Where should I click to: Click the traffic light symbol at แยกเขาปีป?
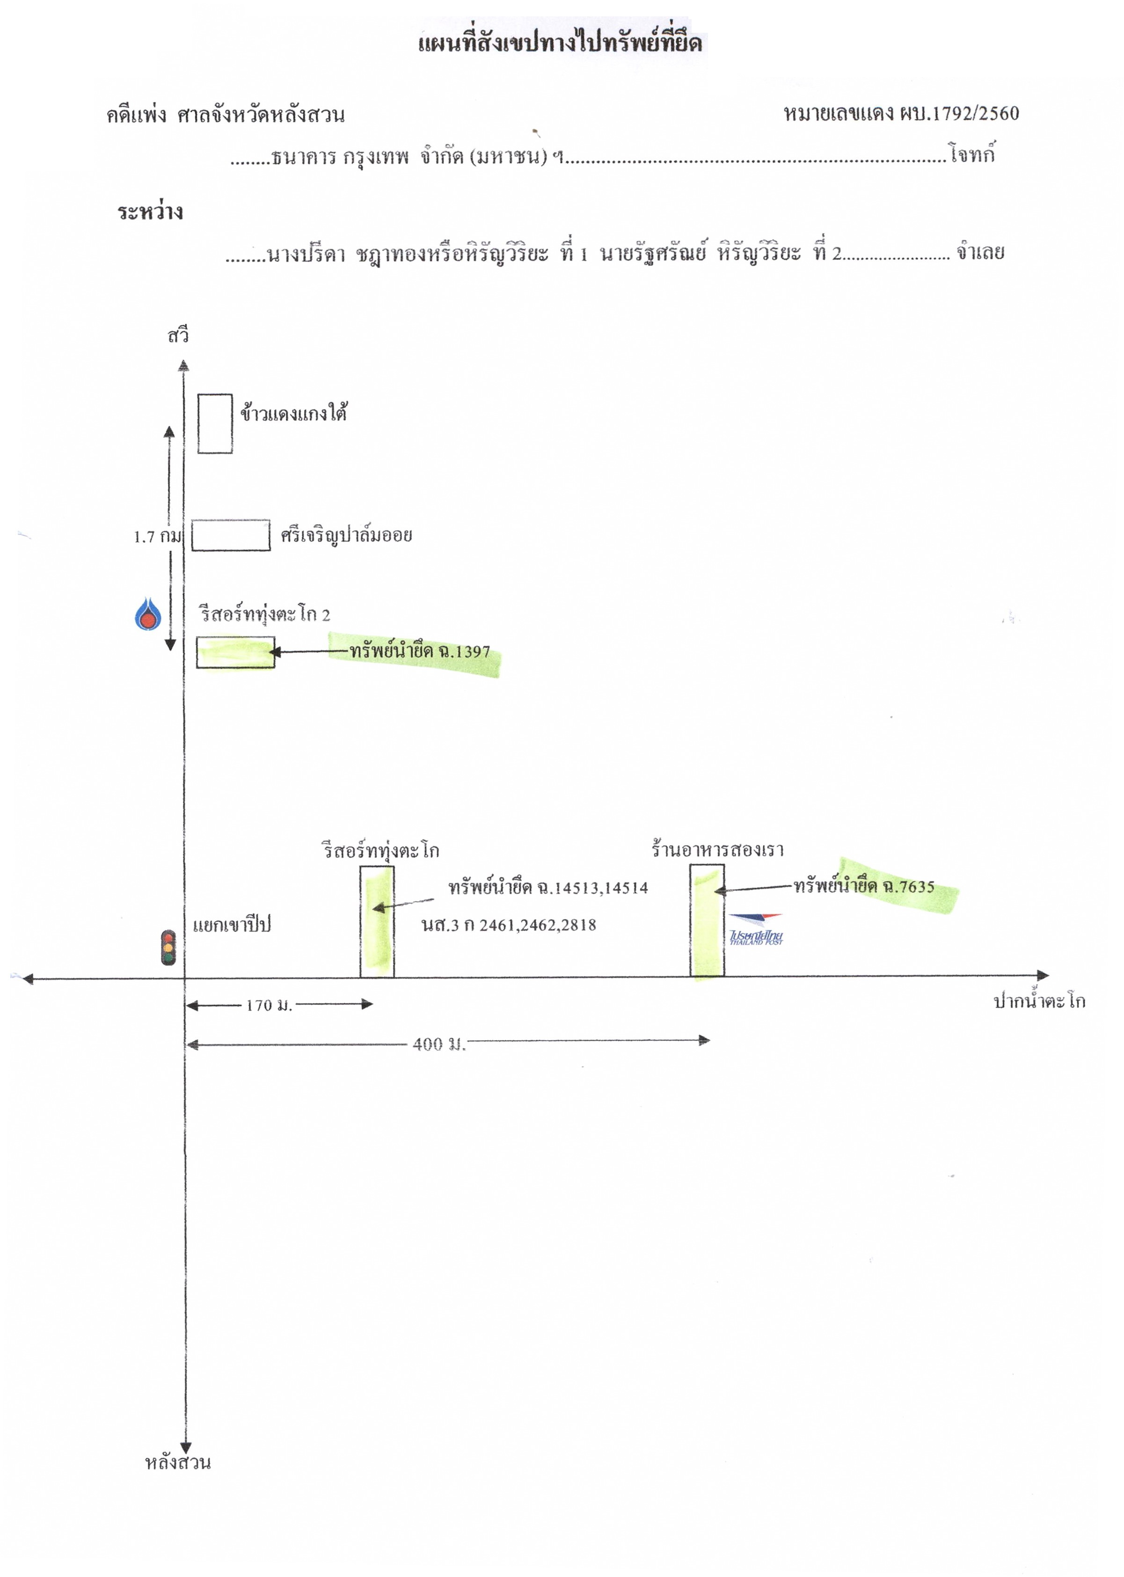168,947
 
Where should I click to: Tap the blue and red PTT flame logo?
147,613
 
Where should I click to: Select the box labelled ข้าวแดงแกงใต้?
215,423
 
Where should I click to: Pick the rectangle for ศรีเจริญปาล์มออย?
231,535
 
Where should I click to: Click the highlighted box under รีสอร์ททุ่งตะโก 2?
235,652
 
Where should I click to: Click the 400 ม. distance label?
439,1044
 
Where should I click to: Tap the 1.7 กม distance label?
157,536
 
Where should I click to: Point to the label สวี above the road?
178,336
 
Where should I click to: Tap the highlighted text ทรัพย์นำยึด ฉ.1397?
419,651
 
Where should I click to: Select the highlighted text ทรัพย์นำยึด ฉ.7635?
864,886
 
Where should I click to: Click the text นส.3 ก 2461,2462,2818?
509,925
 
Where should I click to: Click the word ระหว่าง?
150,211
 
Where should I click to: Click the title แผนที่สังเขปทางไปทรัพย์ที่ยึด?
560,42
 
